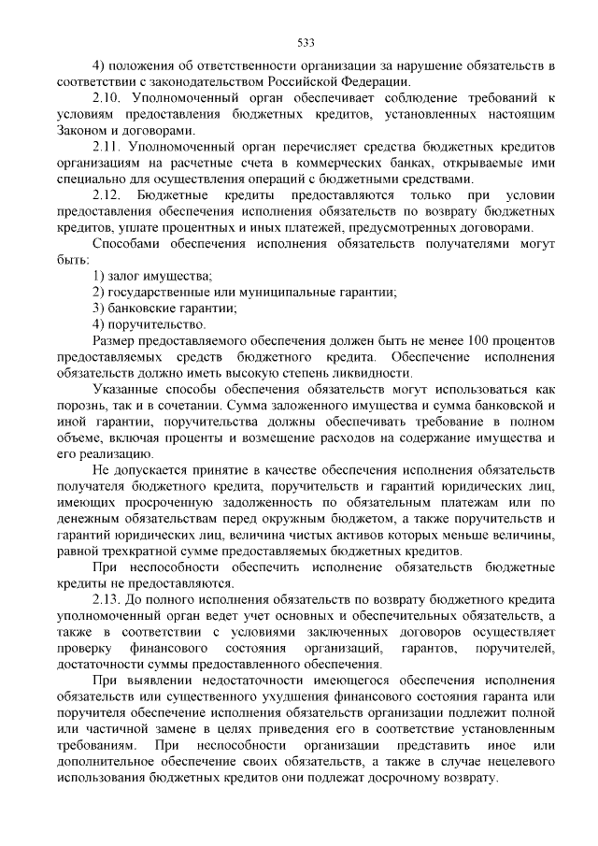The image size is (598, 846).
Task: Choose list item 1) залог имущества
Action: point(153,275)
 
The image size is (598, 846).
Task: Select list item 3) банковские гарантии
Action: point(164,308)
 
